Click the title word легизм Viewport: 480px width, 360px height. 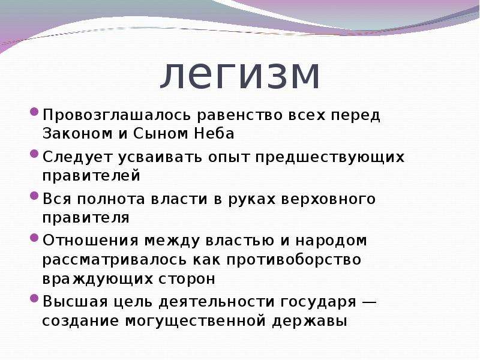239,76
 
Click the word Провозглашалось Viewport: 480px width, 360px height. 117,116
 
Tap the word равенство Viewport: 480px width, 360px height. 239,116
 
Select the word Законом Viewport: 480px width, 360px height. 77,133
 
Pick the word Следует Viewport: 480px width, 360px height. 77,158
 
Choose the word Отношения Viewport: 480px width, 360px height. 91,241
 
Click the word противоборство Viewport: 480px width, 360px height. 294,260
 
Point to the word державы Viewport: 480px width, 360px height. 310,321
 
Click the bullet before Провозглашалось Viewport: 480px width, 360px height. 34,111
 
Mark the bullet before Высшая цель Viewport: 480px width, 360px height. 34,298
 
